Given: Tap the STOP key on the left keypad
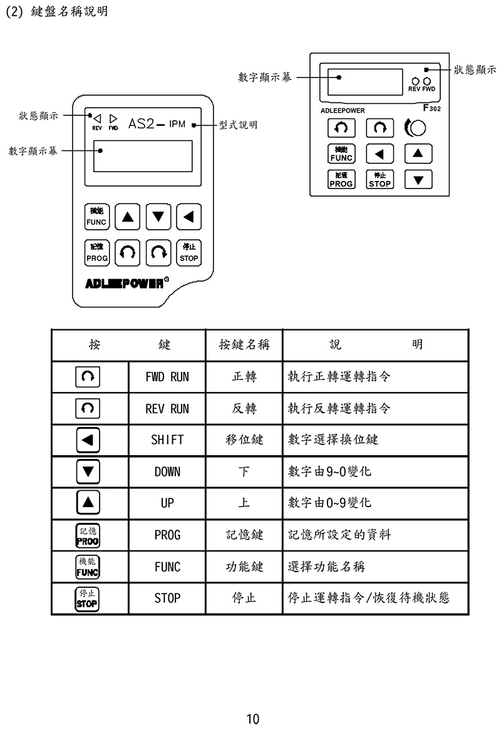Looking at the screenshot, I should pyautogui.click(x=189, y=252).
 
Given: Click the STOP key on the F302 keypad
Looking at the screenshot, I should pyautogui.click(x=380, y=180).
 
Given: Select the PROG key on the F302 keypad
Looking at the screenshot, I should pyautogui.click(x=341, y=180).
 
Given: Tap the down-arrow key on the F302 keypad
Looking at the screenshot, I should pyautogui.click(x=418, y=180).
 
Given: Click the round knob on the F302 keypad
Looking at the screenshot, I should pyautogui.click(x=418, y=128).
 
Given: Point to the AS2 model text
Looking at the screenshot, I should pyautogui.click(x=141, y=123).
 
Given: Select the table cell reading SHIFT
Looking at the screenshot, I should pyautogui.click(x=167, y=440).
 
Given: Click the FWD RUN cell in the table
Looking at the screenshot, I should pyautogui.click(x=167, y=377).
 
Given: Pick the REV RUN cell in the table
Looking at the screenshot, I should pyautogui.click(x=167, y=409).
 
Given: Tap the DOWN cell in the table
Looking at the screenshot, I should pyautogui.click(x=167, y=471).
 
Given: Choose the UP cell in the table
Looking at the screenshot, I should pyautogui.click(x=167, y=503).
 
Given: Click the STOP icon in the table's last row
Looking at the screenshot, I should pyautogui.click(x=88, y=599).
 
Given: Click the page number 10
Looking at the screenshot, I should pyautogui.click(x=252, y=718).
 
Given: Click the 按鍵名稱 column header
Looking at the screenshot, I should pyautogui.click(x=244, y=344).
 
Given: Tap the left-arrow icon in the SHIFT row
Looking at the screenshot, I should pyautogui.click(x=88, y=440).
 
